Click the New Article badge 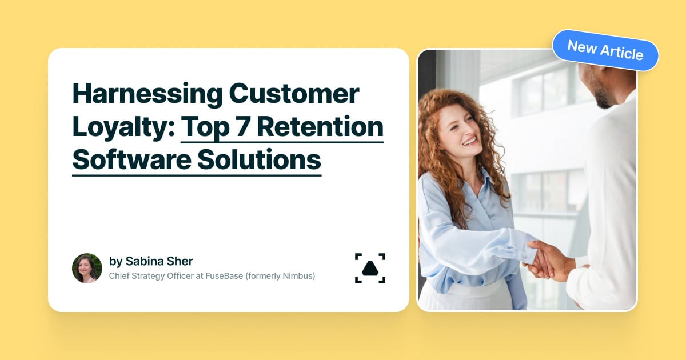tap(605, 50)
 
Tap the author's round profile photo tap(87, 268)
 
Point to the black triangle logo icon tap(370, 268)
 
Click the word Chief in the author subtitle tap(119, 276)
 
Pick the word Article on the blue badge tap(623, 53)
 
